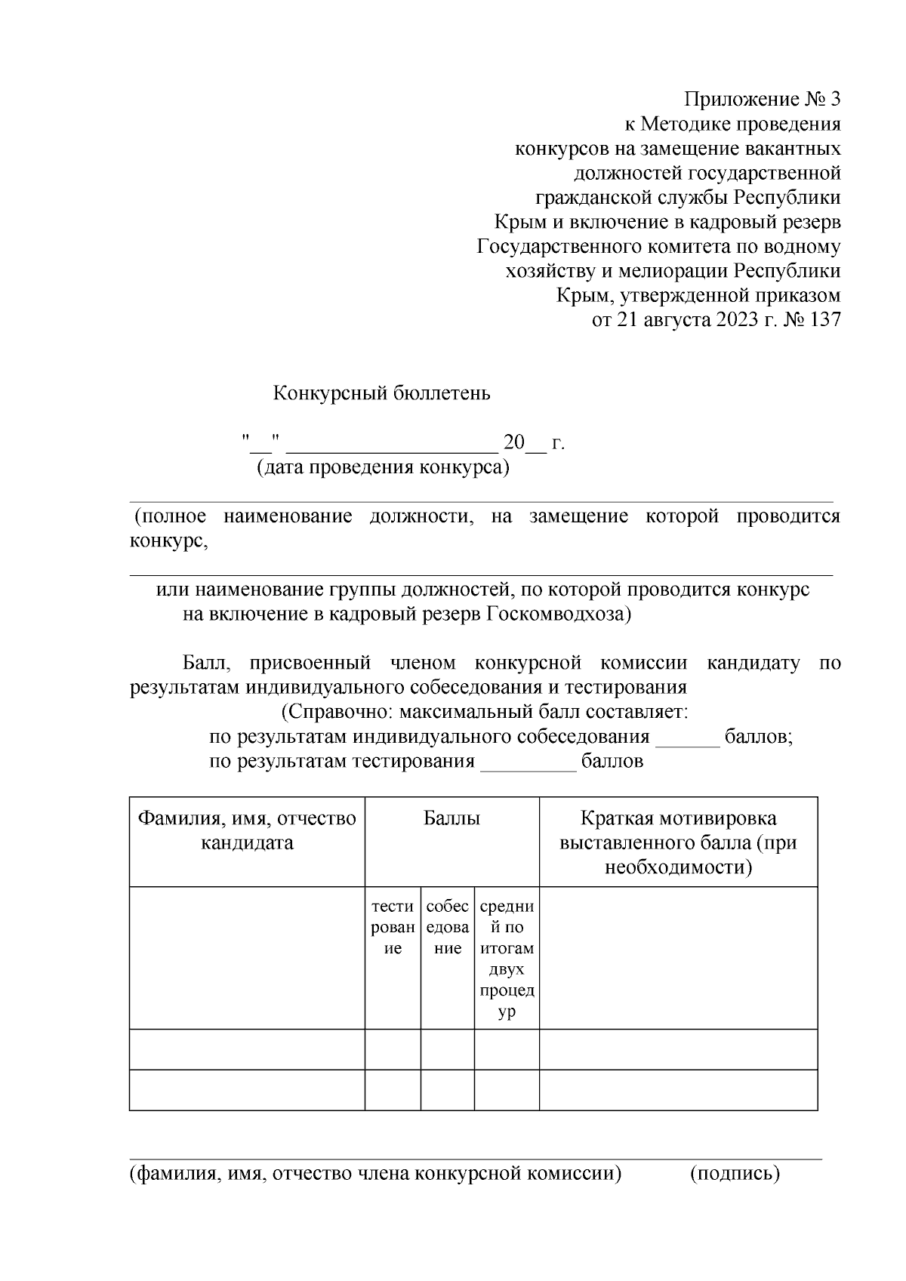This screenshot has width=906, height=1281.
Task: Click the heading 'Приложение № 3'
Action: point(762,100)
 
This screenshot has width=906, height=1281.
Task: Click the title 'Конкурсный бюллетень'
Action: point(381,393)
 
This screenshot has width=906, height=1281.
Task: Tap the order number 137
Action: point(824,320)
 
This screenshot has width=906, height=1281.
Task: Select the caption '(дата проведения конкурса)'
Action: point(383,467)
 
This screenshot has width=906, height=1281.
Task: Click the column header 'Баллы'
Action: point(451,818)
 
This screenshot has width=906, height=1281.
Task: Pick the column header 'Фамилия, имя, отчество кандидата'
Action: point(247,830)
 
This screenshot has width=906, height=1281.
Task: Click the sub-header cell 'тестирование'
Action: point(393,927)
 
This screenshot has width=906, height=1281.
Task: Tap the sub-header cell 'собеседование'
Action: point(448,927)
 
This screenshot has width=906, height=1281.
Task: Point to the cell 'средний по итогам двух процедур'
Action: point(507,959)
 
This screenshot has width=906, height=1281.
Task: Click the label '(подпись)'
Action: point(735,1174)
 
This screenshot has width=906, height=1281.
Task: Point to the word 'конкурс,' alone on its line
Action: point(168,541)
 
